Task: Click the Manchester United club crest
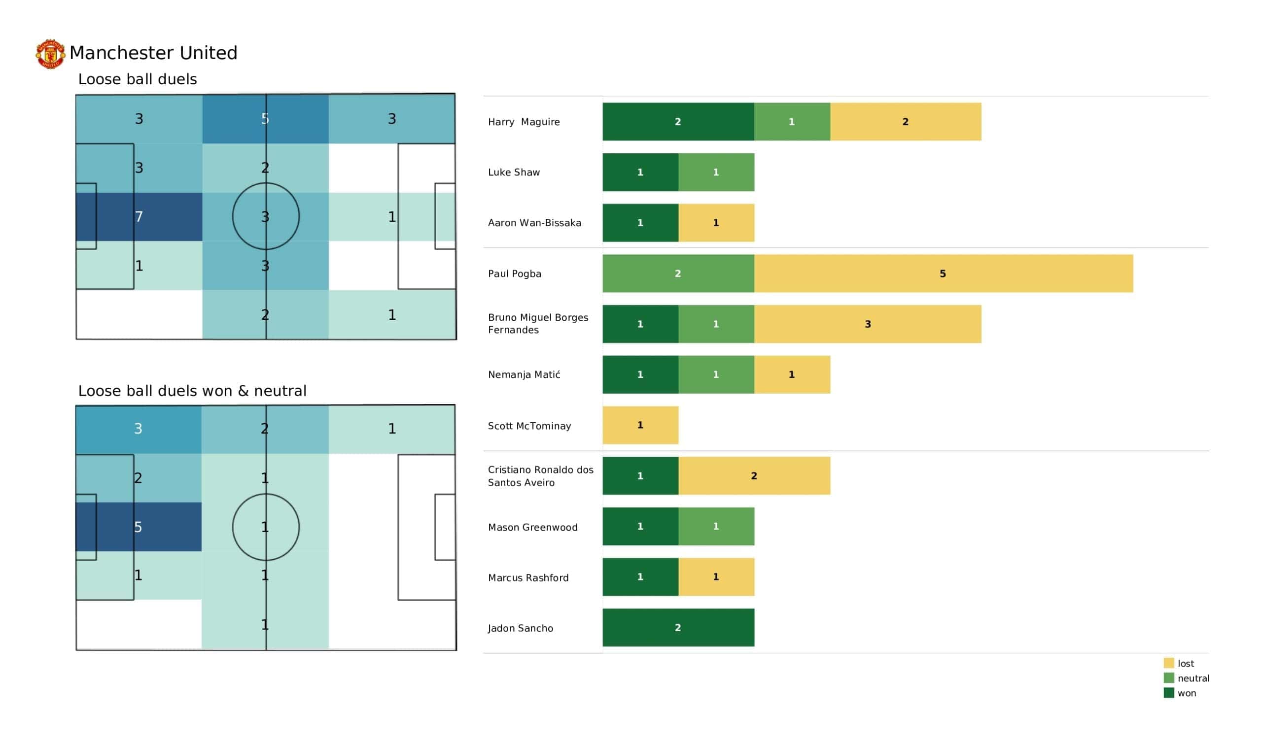pos(50,54)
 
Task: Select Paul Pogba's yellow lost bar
pos(943,273)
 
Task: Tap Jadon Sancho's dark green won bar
pos(678,627)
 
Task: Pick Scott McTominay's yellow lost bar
pos(640,425)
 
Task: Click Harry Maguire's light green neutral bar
pos(792,122)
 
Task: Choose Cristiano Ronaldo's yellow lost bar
pos(754,475)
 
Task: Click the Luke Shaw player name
pos(514,172)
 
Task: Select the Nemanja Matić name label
pos(524,374)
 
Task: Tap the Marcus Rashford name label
pos(528,578)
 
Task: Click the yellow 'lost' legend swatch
pos(1168,663)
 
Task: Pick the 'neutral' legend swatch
pos(1168,678)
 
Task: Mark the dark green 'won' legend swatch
pos(1168,693)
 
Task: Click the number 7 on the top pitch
pos(139,217)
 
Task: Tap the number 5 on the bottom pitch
pos(138,527)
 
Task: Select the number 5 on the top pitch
pos(265,119)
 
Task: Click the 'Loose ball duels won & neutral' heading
pos(192,391)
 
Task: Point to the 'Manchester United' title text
pos(153,53)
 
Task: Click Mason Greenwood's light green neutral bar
pos(716,526)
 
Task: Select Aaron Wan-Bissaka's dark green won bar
pos(640,223)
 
